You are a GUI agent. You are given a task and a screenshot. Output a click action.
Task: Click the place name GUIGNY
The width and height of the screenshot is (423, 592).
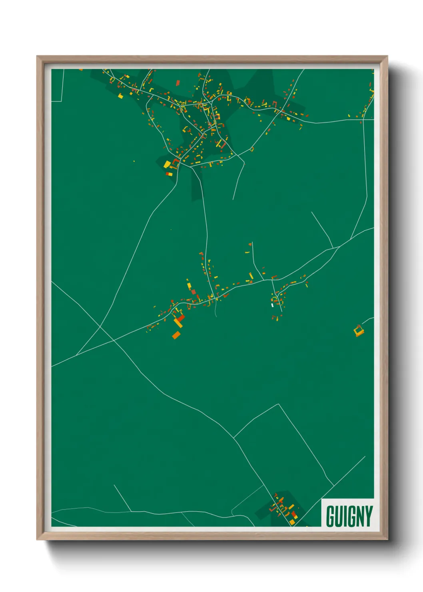pyautogui.click(x=349, y=516)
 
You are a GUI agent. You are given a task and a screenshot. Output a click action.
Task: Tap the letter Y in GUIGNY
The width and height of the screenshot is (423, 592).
pyautogui.click(x=369, y=516)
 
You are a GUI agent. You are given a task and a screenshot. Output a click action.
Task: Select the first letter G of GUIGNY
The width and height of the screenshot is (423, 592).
pyautogui.click(x=330, y=516)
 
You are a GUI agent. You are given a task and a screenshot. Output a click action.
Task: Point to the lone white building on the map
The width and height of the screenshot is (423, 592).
pyautogui.click(x=272, y=305)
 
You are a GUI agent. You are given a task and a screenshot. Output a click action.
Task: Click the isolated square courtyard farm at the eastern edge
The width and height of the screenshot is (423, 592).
pyautogui.click(x=359, y=331)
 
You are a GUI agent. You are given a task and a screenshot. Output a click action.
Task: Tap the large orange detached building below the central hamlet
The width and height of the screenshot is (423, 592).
pyautogui.click(x=176, y=335)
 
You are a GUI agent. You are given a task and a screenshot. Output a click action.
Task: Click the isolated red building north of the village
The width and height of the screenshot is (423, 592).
pyautogui.click(x=178, y=83)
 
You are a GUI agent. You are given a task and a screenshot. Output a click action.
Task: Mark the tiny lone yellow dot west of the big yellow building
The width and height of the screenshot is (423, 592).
pyautogui.click(x=134, y=162)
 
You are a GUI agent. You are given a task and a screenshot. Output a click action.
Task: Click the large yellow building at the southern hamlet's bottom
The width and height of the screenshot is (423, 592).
pyautogui.click(x=292, y=522)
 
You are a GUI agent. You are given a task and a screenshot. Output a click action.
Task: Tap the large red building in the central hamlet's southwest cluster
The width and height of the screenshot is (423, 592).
pyautogui.click(x=181, y=318)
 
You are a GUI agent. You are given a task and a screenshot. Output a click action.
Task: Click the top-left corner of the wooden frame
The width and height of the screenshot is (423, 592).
pyautogui.click(x=37, y=56)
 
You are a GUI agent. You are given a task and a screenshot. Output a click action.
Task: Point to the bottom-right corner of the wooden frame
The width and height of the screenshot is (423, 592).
pyautogui.click(x=387, y=540)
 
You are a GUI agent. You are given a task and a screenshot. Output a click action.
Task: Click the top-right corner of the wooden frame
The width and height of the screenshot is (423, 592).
pyautogui.click(x=387, y=56)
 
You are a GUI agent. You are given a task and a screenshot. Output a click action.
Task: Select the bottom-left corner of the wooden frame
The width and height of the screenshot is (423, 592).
pyautogui.click(x=37, y=540)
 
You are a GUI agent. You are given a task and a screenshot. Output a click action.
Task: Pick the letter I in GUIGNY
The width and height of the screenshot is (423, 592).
pyautogui.click(x=345, y=516)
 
